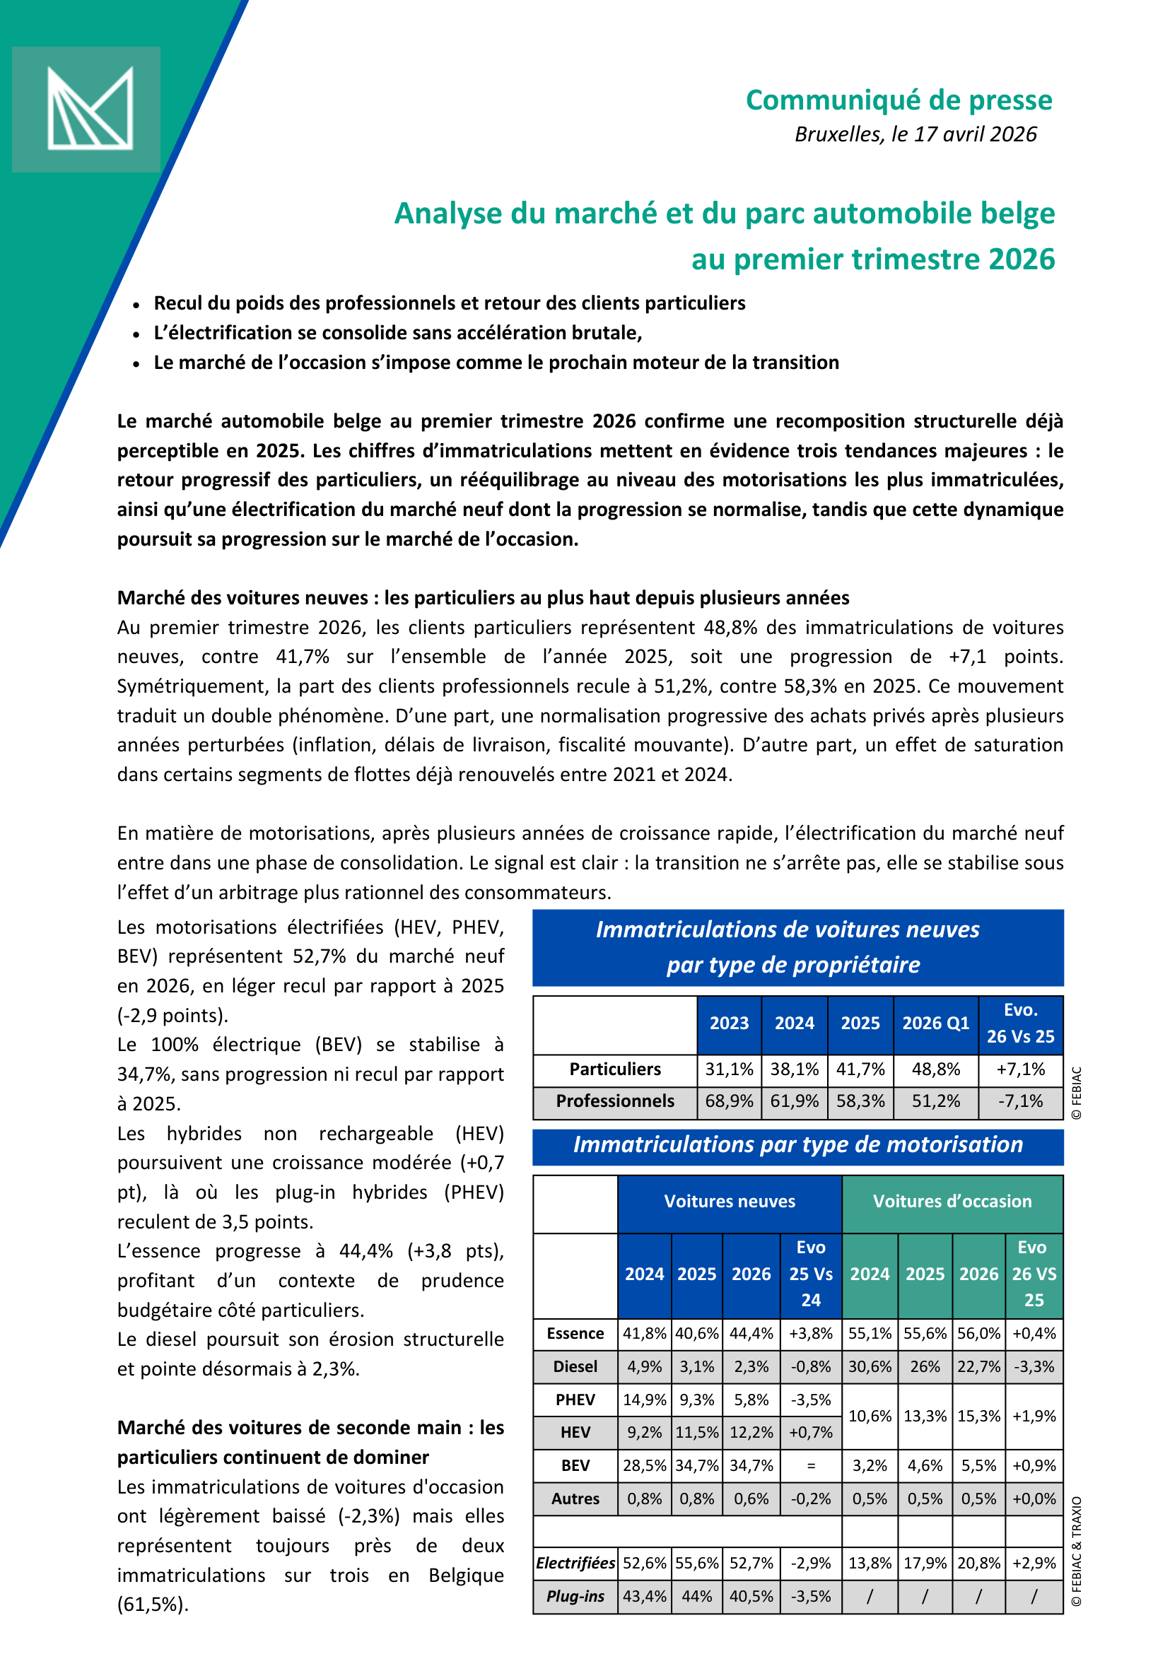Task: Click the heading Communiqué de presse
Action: point(899,100)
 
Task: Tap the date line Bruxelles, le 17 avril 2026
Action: point(915,135)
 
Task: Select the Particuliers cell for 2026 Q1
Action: point(935,1069)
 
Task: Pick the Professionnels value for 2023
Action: point(728,1101)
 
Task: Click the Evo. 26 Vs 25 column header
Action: point(1019,1023)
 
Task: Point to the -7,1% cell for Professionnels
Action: point(1019,1101)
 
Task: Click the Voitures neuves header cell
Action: point(729,1201)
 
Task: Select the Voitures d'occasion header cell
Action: point(952,1201)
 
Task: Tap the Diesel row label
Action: point(575,1366)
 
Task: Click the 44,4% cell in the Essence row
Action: point(751,1333)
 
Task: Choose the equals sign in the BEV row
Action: point(810,1466)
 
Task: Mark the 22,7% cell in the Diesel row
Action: point(978,1366)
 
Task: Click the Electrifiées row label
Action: point(575,1564)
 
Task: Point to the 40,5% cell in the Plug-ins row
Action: point(751,1596)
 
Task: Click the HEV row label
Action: point(575,1433)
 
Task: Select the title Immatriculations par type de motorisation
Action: point(797,1144)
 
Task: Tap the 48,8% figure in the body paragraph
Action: point(730,628)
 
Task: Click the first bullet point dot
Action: point(136,305)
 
